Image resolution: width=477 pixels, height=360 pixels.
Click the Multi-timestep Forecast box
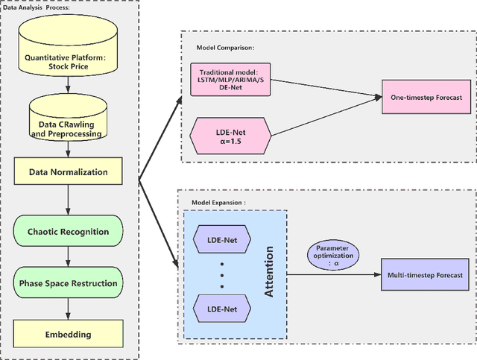(x=424, y=275)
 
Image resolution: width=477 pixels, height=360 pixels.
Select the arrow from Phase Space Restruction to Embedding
(x=69, y=309)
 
